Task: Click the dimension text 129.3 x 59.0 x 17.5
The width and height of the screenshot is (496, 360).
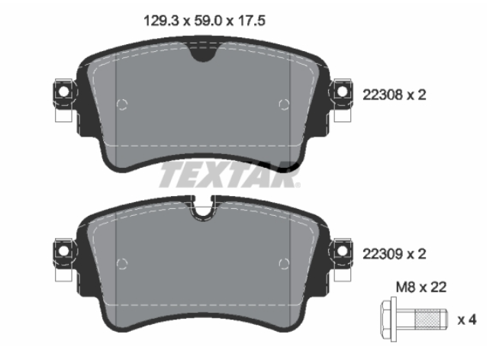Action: (x=205, y=21)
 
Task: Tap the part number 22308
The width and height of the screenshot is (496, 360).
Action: (x=382, y=95)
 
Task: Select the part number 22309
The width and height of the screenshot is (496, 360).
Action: (x=382, y=254)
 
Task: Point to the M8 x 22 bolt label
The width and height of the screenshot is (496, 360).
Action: (x=421, y=288)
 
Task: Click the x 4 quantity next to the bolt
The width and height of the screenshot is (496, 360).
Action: (x=467, y=320)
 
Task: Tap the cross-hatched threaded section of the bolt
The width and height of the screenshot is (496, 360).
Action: (x=425, y=320)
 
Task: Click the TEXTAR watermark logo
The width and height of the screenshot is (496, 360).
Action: (x=229, y=175)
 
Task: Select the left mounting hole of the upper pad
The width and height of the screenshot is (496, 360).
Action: (x=63, y=92)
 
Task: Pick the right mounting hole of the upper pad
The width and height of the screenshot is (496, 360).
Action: (x=342, y=92)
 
